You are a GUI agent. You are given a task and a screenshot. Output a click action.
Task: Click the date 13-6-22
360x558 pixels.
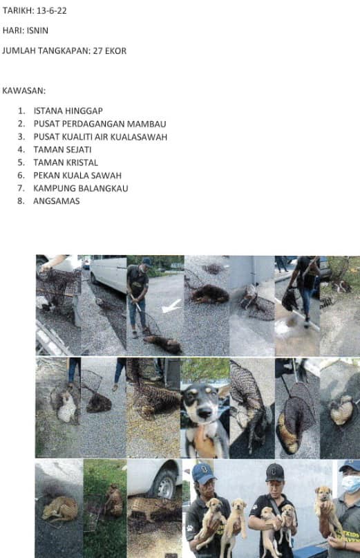tap(52, 10)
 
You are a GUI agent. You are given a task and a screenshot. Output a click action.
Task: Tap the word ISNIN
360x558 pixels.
tap(37, 30)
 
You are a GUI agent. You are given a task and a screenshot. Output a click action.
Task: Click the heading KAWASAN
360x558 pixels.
tap(23, 91)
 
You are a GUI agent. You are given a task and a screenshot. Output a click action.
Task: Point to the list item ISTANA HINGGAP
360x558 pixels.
tap(68, 111)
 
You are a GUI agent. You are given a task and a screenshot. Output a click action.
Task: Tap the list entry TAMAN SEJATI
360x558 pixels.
tap(62, 150)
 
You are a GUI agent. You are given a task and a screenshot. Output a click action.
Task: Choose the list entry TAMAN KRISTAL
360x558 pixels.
tap(66, 162)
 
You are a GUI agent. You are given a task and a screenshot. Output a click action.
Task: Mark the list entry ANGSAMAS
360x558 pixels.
tap(56, 201)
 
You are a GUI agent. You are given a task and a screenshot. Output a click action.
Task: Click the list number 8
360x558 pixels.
tap(21, 201)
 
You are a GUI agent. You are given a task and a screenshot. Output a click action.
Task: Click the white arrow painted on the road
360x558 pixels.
tap(171, 306)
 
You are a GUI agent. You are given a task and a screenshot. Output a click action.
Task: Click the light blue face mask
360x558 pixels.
tap(350, 484)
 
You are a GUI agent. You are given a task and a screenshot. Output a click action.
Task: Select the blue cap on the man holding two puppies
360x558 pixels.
tap(202, 473)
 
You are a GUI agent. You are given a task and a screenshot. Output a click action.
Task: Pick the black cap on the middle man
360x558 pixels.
tap(274, 472)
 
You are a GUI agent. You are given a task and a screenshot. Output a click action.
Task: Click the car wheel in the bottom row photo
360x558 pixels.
tap(164, 484)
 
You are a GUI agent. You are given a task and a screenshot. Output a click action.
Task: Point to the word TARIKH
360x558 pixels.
tap(18, 10)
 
